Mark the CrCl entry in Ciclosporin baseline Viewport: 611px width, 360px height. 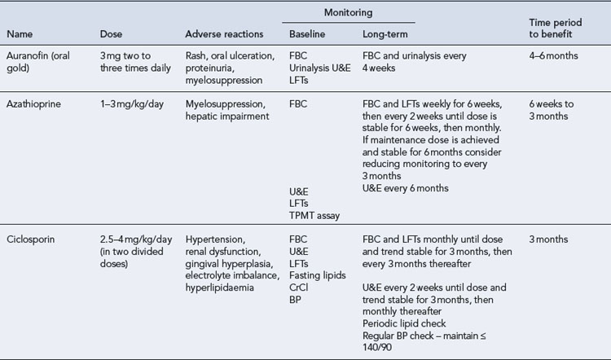(299, 288)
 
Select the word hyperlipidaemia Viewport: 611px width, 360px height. (220, 288)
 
